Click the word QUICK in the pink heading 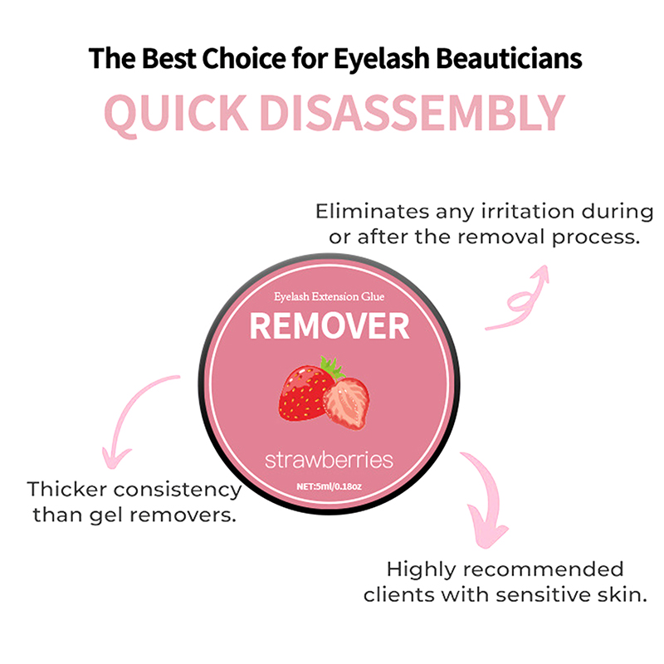pyautogui.click(x=176, y=114)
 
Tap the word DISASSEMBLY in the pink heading pyautogui.click(x=413, y=112)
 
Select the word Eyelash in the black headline pyautogui.click(x=382, y=58)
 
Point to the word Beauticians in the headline pyautogui.click(x=509, y=57)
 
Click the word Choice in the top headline pyautogui.click(x=244, y=57)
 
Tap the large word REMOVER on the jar pyautogui.click(x=330, y=325)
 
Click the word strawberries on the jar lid pyautogui.click(x=329, y=460)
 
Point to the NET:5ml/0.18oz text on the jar pyautogui.click(x=329, y=486)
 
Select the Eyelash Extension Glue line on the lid pyautogui.click(x=329, y=296)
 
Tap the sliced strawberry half pyautogui.click(x=346, y=403)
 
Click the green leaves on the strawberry pyautogui.click(x=333, y=367)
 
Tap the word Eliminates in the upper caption pyautogui.click(x=372, y=212)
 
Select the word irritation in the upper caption pyautogui.click(x=527, y=212)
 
